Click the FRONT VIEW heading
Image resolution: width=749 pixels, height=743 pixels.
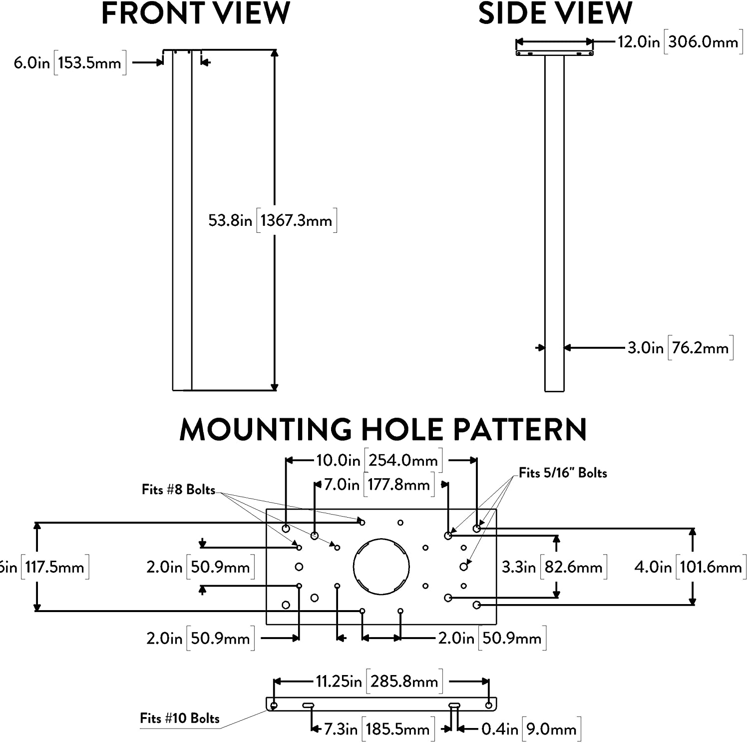(195, 13)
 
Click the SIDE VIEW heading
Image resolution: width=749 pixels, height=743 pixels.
(555, 13)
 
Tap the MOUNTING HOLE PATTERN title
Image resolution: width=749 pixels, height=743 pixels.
(382, 430)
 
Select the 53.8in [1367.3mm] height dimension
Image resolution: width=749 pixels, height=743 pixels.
(272, 220)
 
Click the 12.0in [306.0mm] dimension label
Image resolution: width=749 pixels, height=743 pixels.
(679, 42)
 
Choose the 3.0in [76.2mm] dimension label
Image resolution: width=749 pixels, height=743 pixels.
(680, 348)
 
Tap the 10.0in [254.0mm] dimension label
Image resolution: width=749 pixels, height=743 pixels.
(378, 460)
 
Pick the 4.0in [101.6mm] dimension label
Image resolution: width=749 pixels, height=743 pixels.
(690, 567)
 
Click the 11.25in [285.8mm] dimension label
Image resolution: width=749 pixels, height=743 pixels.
(378, 682)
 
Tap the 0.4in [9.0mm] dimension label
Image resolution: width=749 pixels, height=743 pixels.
(530, 729)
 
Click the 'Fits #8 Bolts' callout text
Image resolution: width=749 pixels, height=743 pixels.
(178, 490)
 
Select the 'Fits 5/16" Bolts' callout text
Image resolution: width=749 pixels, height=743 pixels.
(563, 473)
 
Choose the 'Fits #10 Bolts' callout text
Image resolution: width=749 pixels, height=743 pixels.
(180, 719)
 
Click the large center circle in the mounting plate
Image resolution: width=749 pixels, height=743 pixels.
(381, 567)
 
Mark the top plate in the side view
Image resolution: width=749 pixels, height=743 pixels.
(554, 52)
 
